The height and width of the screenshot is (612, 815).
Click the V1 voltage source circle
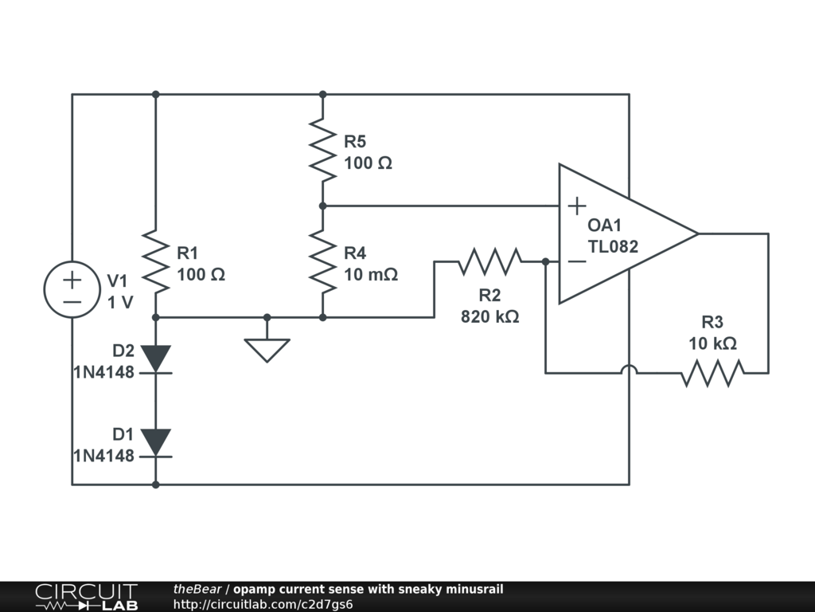click(72, 290)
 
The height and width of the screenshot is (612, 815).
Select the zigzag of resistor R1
click(155, 261)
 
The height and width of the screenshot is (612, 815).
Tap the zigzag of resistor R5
click(322, 150)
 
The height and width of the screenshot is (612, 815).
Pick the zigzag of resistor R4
click(322, 261)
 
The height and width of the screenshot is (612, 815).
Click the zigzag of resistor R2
click(489, 261)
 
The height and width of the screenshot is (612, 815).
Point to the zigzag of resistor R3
click(712, 372)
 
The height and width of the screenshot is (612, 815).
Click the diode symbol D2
click(155, 358)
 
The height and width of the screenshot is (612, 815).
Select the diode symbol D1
click(155, 441)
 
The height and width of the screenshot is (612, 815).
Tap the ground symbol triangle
click(267, 349)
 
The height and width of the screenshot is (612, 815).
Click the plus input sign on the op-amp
click(576, 206)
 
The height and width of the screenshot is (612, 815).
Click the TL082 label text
click(613, 246)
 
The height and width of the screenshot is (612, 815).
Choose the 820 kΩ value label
click(489, 316)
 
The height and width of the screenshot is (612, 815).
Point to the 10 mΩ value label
click(370, 274)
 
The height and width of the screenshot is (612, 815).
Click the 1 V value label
click(121, 302)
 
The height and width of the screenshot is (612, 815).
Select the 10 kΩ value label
click(712, 343)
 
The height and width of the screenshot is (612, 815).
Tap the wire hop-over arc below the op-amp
click(629, 368)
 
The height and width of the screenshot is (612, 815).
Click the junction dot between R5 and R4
click(322, 206)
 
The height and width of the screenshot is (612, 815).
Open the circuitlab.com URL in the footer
click(263, 604)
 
